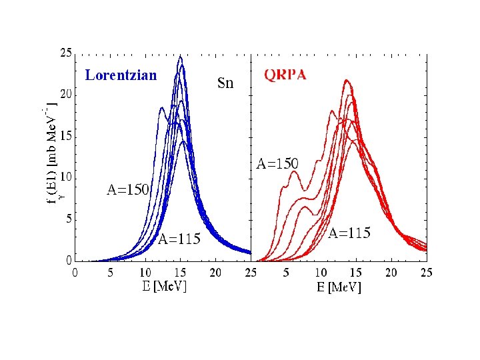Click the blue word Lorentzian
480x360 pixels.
click(x=121, y=75)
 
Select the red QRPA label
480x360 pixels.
click(x=285, y=75)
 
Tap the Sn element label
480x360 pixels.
click(x=227, y=83)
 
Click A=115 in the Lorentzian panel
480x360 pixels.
click(x=179, y=239)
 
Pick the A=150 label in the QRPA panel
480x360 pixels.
click(x=277, y=163)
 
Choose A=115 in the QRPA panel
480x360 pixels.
click(x=349, y=233)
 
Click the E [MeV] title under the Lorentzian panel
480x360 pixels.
click(x=163, y=287)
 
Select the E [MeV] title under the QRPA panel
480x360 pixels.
click(x=338, y=287)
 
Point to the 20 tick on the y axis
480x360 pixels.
click(x=66, y=95)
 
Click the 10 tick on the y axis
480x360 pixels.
click(x=66, y=177)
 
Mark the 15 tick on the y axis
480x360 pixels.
click(x=66, y=136)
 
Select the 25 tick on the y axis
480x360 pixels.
click(x=66, y=53)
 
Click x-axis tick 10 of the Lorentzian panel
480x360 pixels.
click(x=145, y=272)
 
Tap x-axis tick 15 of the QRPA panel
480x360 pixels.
click(x=356, y=272)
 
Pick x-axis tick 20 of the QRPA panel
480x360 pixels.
click(x=391, y=272)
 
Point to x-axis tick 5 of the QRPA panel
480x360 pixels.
click(x=286, y=272)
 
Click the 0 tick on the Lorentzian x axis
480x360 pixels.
click(x=75, y=272)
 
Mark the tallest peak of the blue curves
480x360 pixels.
click(x=180, y=58)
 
